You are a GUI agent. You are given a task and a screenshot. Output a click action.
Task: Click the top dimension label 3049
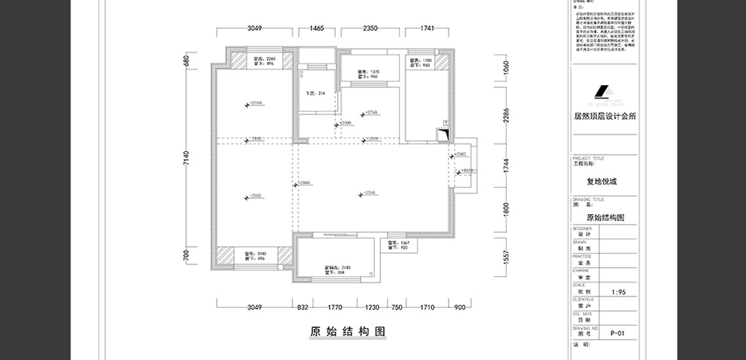tap(255, 28)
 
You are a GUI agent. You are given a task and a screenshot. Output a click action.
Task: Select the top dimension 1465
tap(317, 28)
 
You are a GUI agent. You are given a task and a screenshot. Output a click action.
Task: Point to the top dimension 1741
tap(428, 28)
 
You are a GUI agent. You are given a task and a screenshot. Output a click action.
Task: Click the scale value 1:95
tap(618, 293)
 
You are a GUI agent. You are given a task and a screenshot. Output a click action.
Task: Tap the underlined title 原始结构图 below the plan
tap(347, 331)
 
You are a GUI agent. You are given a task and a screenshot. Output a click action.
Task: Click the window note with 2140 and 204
tap(338, 270)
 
